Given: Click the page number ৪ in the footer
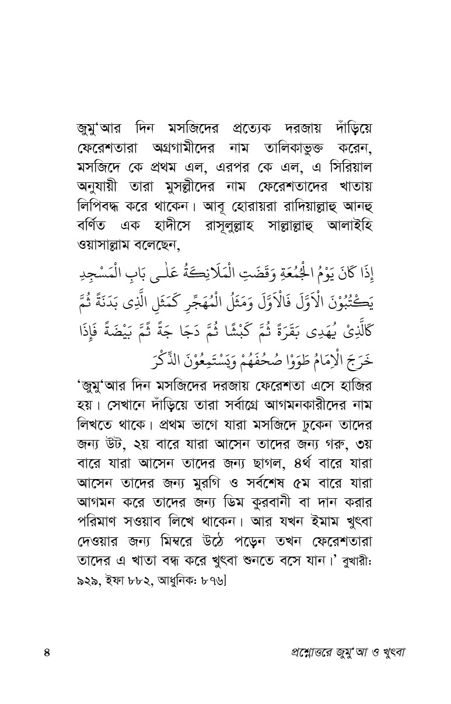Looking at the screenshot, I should (x=48, y=652).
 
